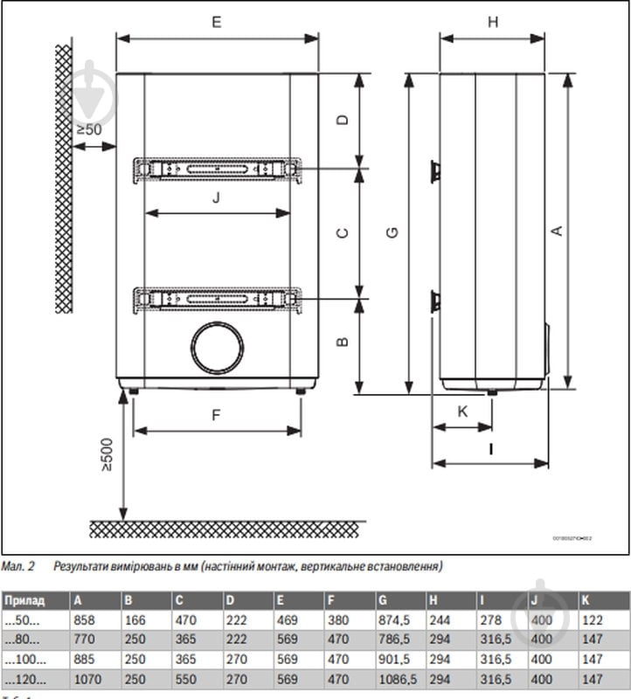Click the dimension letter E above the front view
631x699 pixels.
pyautogui.click(x=216, y=23)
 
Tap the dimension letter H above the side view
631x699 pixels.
pyautogui.click(x=492, y=23)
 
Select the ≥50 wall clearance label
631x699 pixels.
pyautogui.click(x=88, y=129)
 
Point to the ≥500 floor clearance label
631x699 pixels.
pyautogui.click(x=107, y=454)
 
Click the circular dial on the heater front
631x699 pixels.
pyautogui.click(x=217, y=348)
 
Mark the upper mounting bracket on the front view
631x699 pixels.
pyautogui.click(x=218, y=168)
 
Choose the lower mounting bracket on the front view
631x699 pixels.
pyautogui.click(x=218, y=299)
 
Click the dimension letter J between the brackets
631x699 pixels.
pyautogui.click(x=216, y=197)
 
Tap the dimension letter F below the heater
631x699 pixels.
pyautogui.click(x=216, y=416)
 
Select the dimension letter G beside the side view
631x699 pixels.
pyautogui.click(x=392, y=232)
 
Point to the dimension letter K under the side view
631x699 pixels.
pyautogui.click(x=463, y=411)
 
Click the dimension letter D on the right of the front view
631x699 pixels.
pyautogui.click(x=343, y=120)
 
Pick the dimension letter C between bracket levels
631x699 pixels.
pyautogui.click(x=343, y=232)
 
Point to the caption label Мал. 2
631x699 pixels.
pyautogui.click(x=17, y=566)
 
